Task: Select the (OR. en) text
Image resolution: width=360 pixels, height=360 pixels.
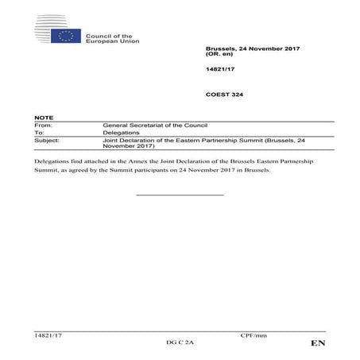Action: point(221,56)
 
